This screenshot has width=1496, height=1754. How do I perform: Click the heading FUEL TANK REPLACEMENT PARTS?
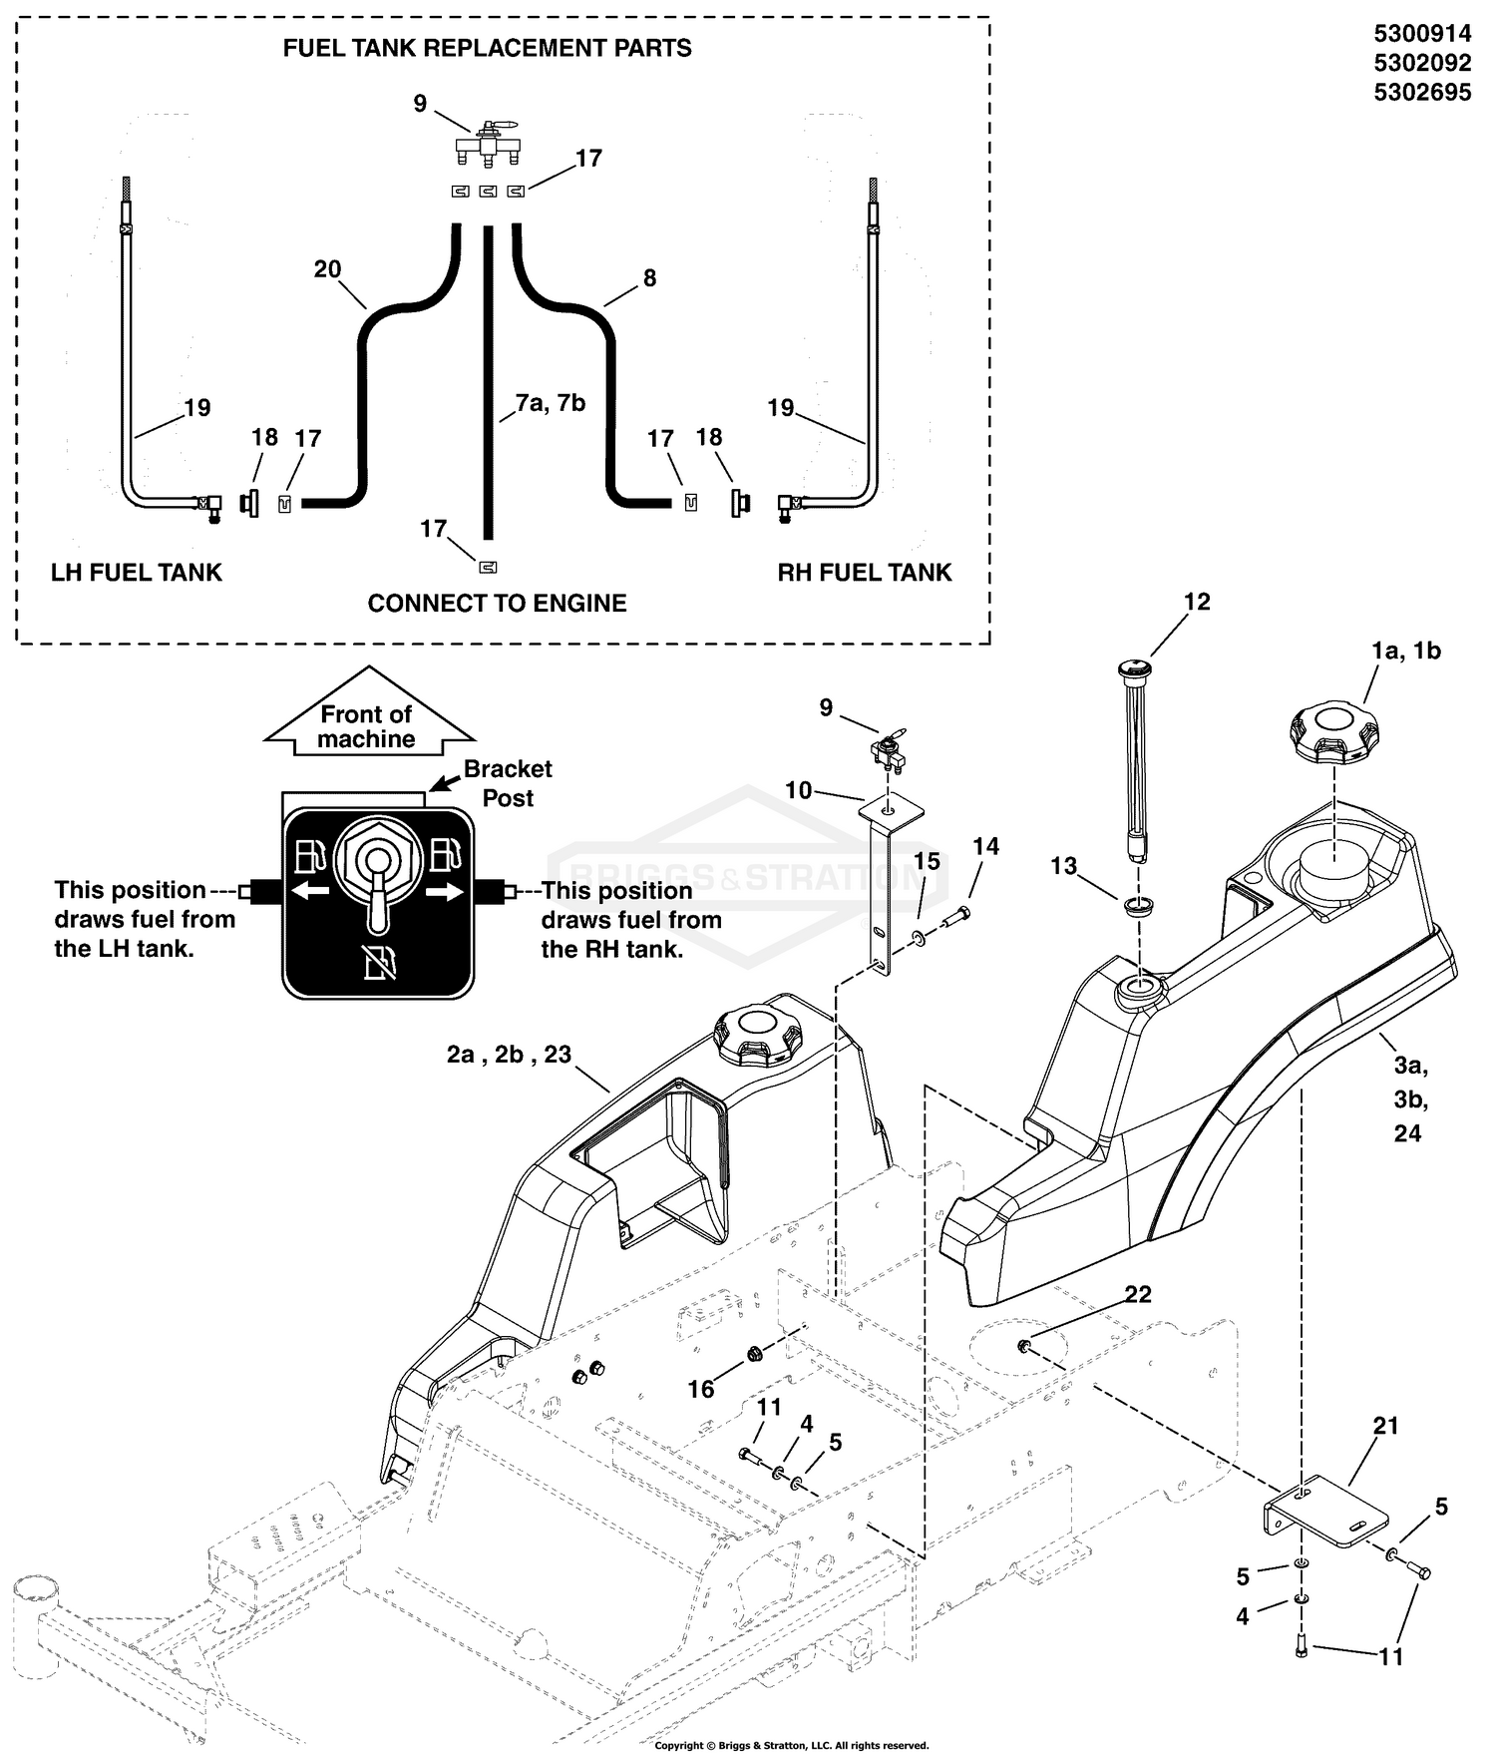[487, 48]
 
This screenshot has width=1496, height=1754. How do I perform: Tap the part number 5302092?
[1422, 63]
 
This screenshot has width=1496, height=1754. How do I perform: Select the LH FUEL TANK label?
[137, 573]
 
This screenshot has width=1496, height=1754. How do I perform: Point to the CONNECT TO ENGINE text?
[497, 604]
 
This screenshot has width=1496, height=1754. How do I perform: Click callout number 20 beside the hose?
[327, 269]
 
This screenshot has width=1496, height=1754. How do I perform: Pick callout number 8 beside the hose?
[650, 278]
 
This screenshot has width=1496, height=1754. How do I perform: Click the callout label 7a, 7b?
[551, 403]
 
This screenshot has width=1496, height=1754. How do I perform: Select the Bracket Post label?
[508, 783]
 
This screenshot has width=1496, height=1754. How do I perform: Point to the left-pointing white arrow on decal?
[311, 891]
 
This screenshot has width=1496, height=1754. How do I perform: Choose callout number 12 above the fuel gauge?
[1197, 602]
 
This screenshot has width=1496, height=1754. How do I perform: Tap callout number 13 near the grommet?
[1064, 866]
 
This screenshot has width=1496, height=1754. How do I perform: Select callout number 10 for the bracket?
[798, 791]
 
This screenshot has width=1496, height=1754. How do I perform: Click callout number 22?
[1138, 1294]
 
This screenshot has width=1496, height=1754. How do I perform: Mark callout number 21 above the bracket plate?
[1386, 1426]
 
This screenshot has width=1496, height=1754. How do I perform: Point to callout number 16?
[701, 1389]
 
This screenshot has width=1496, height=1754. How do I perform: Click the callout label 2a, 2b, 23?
[509, 1055]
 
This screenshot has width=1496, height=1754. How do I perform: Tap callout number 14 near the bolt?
[985, 846]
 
